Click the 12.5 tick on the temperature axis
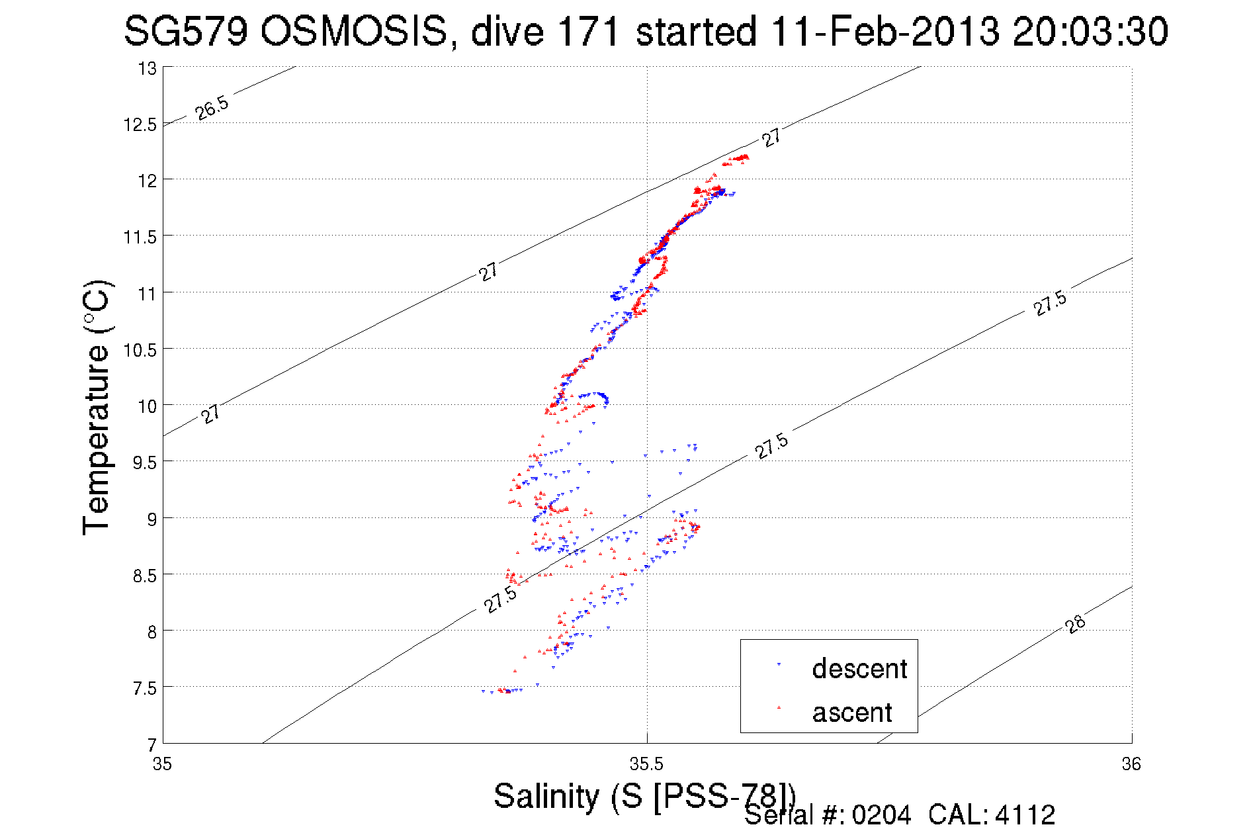tap(140, 124)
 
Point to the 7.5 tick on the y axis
tap(144, 689)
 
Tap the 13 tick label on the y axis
tap(147, 68)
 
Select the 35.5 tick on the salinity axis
tap(646, 764)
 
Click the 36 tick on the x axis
tap(1131, 764)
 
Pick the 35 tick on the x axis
tap(162, 764)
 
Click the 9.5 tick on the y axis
tap(144, 462)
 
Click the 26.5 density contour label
tap(212, 108)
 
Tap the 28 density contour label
tap(1076, 624)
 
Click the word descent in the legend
tap(859, 669)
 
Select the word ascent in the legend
tap(852, 713)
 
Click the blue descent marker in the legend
tap(779, 664)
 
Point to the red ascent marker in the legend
tap(779, 707)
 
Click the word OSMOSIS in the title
tap(354, 32)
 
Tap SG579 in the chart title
tap(186, 32)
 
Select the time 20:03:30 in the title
tap(1090, 32)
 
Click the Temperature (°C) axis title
tap(97, 408)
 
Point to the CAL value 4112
tap(1025, 815)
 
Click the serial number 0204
tap(881, 815)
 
